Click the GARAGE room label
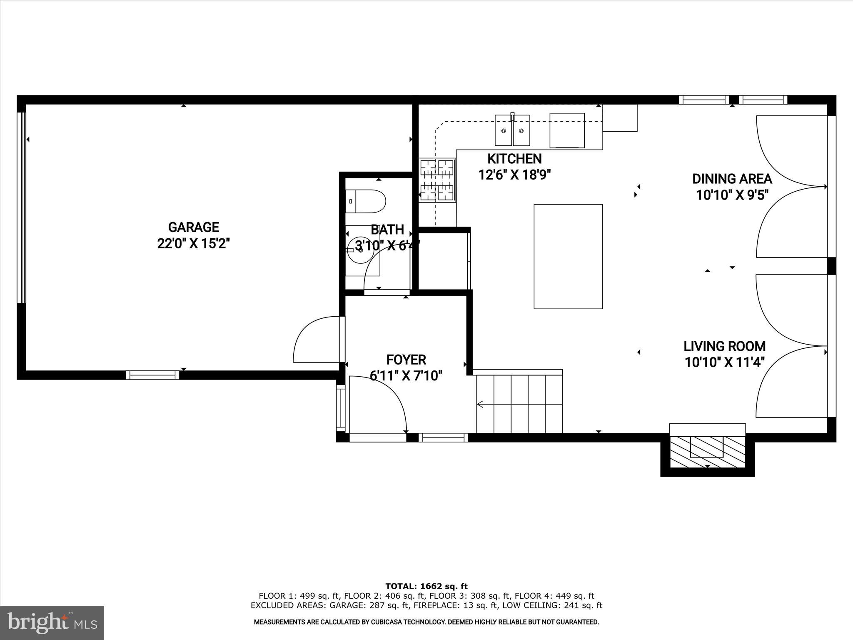193,227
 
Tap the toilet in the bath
365,201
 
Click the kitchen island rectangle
568,256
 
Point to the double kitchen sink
512,130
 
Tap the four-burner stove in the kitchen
437,180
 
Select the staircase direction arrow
480,404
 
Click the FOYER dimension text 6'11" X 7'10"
406,376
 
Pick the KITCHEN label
514,159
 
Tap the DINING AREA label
732,179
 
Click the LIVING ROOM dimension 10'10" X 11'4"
725,362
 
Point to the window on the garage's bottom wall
152,375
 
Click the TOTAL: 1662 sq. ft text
426,586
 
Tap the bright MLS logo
52,622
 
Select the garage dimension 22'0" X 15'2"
193,243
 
